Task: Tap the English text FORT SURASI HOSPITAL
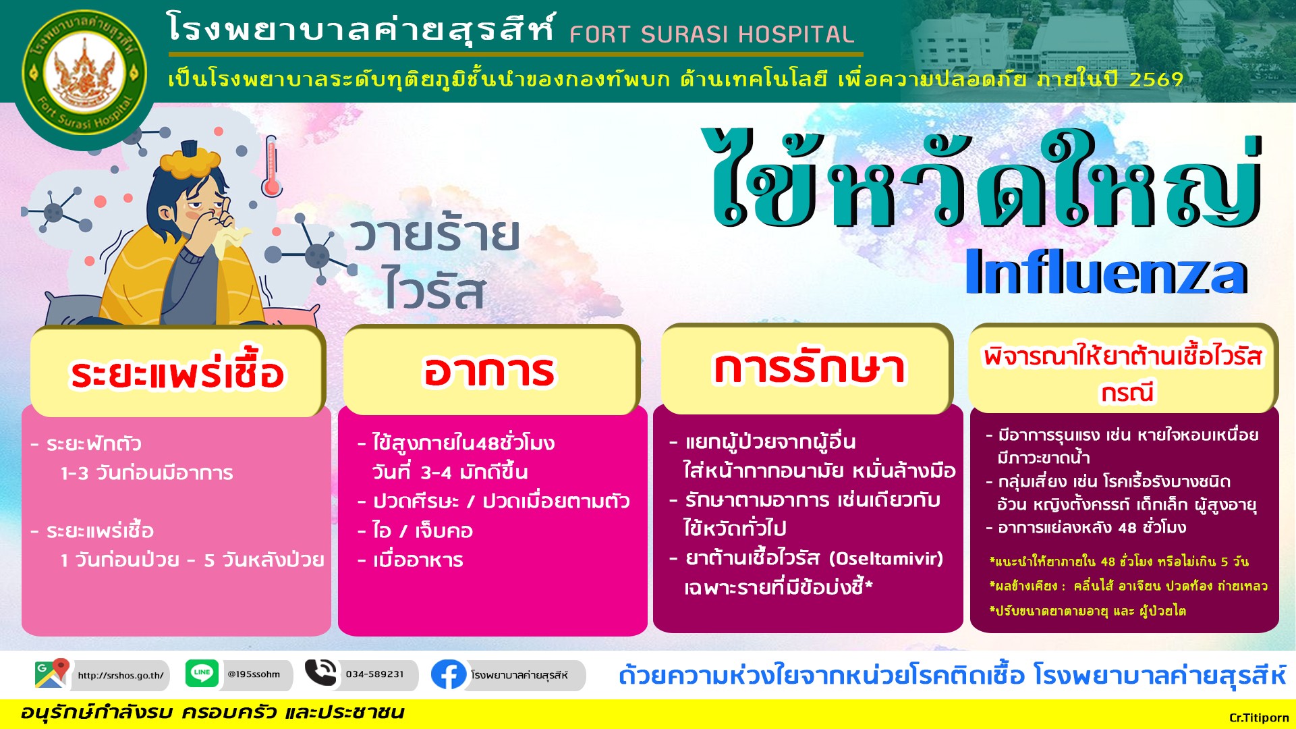tap(712, 34)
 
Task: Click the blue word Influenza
tap(1106, 272)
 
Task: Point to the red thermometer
tap(271, 166)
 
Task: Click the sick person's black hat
tap(188, 147)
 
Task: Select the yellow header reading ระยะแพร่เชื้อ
tap(177, 372)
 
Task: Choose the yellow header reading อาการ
tap(490, 371)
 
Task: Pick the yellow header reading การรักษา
tap(807, 369)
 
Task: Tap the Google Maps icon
tap(52, 674)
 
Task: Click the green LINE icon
tap(202, 673)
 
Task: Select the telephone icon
tap(320, 672)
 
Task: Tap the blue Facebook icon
tap(448, 674)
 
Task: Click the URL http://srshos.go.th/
tap(121, 675)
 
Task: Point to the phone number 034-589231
tap(375, 674)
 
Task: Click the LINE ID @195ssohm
tap(254, 674)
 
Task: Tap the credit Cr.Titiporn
tap(1259, 718)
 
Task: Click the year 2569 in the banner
tap(1156, 80)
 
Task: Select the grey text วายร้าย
tap(435, 234)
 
